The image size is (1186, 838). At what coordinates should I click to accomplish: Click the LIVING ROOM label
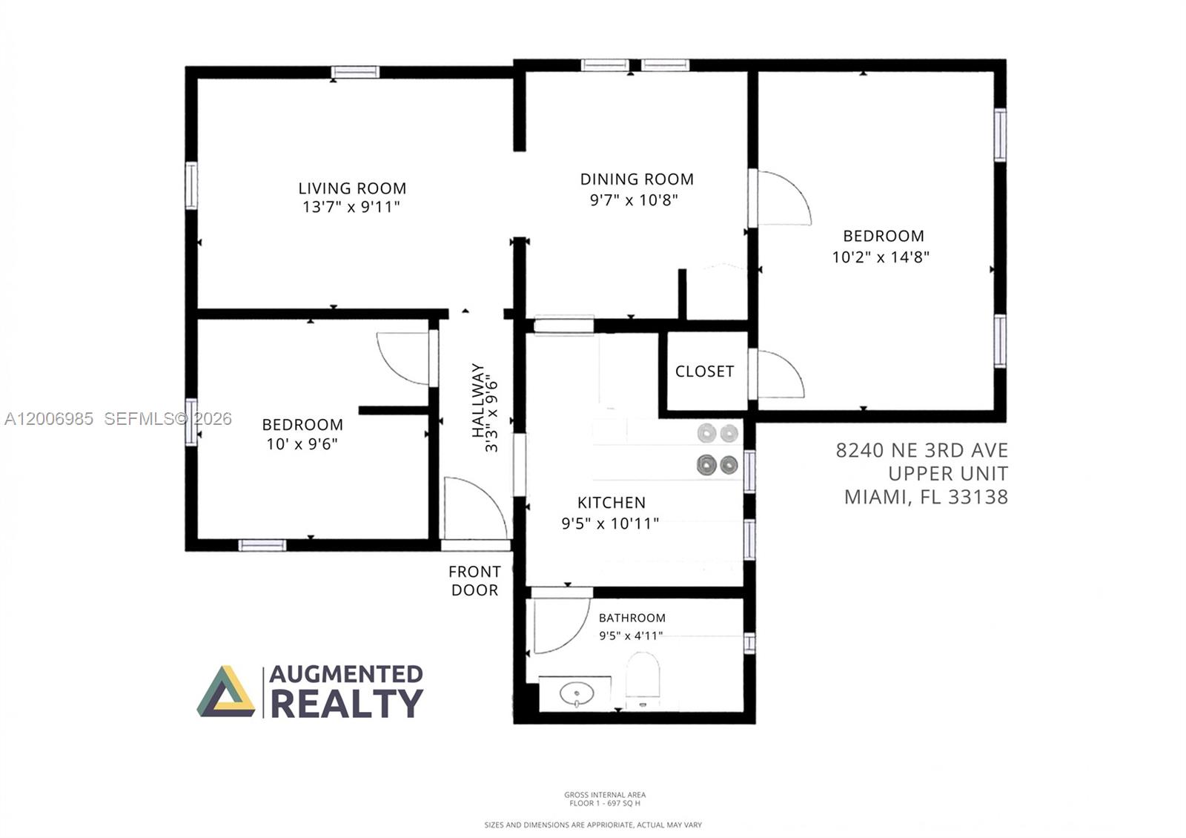pos(352,188)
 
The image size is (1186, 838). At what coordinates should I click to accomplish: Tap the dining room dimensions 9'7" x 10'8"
pos(634,199)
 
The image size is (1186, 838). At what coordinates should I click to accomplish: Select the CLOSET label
pos(704,372)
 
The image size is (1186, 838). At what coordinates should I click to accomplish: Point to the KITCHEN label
pos(612,502)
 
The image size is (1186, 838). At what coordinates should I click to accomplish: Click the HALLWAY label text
pos(478,400)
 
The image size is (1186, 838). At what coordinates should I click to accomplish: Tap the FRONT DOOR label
pos(474,581)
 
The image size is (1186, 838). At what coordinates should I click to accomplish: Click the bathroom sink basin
pos(577,693)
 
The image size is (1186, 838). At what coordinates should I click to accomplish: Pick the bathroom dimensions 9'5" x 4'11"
pos(631,636)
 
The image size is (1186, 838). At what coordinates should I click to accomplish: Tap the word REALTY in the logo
pos(347,704)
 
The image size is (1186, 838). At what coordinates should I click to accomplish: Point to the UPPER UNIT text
pos(948,474)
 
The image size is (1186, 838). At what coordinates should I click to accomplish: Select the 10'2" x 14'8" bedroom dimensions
pos(881,257)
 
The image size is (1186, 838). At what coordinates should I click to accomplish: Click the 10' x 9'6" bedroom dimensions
pos(302,444)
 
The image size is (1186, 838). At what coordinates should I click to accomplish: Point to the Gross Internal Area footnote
pos(605,799)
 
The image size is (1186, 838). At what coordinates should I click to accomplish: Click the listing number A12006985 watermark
pos(49,419)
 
